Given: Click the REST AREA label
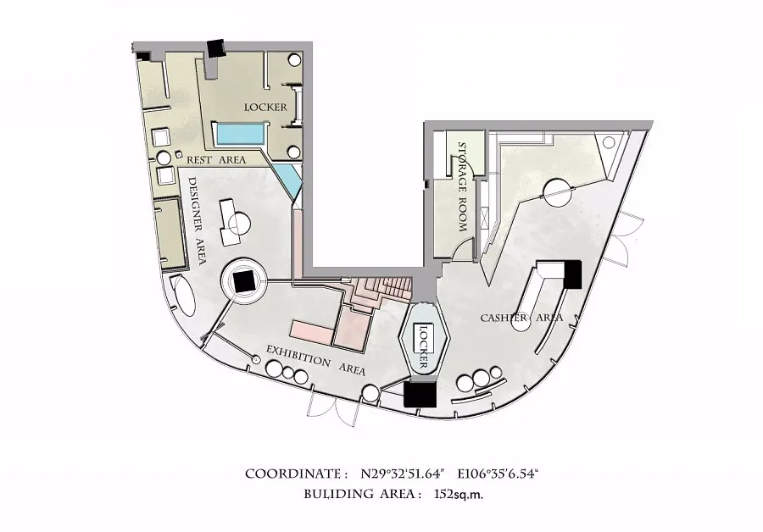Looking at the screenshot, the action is (x=216, y=160).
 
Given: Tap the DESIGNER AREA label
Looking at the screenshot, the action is (x=196, y=221).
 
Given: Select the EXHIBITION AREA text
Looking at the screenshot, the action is (x=315, y=360).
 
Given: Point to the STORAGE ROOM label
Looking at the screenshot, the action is (x=463, y=187).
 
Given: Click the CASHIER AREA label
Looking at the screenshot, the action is (x=521, y=318).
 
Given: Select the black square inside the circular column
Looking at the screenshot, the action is (x=242, y=281).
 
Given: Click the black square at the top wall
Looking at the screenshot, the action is (x=215, y=48).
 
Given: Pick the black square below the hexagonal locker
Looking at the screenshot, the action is (x=420, y=394).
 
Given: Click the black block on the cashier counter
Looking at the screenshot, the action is (x=573, y=274).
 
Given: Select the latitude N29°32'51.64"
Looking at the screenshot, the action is (x=404, y=474).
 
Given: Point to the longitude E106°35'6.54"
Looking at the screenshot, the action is (x=498, y=474).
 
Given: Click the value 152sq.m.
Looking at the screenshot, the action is (x=459, y=495).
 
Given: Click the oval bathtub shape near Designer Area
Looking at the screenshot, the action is (x=183, y=295).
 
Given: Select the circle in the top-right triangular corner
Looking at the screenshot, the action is (x=609, y=142).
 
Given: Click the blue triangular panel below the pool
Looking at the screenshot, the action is (x=287, y=179).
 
